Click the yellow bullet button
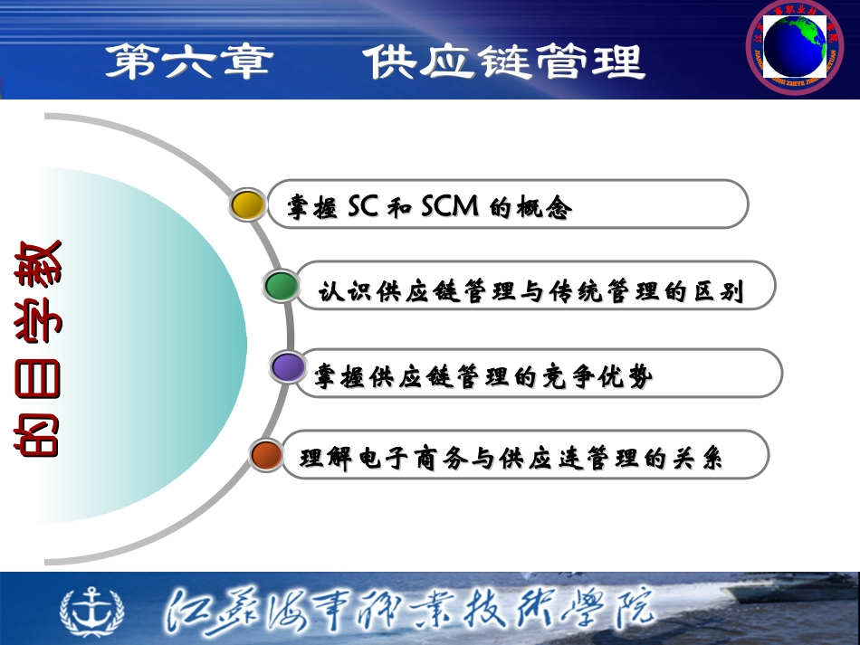coord(247,205)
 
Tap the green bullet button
coord(282,287)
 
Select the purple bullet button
coord(289,367)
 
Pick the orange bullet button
coord(267,455)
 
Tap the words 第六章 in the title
coord(188,62)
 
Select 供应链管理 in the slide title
coord(504,62)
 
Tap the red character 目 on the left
coord(38,380)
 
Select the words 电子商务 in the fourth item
coord(395,459)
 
